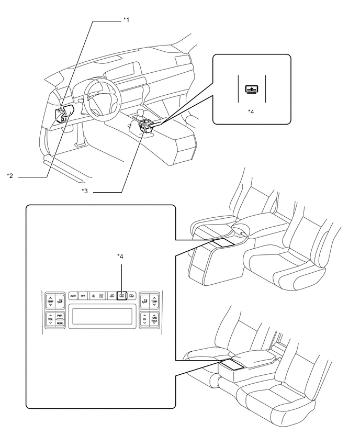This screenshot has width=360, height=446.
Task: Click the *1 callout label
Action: click(x=126, y=20)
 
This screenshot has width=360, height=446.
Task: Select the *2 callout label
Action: click(x=10, y=176)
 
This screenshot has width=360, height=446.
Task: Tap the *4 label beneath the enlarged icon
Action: click(x=251, y=111)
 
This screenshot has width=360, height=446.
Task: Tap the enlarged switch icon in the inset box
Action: click(x=251, y=89)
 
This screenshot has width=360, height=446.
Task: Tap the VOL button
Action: click(x=50, y=319)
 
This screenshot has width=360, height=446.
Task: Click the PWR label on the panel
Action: click(x=60, y=315)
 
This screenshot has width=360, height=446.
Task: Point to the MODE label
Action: click(x=60, y=324)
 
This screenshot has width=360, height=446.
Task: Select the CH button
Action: click(x=144, y=319)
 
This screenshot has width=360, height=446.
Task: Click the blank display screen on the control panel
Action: click(x=103, y=316)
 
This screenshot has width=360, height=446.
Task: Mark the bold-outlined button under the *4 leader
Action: click(x=121, y=296)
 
